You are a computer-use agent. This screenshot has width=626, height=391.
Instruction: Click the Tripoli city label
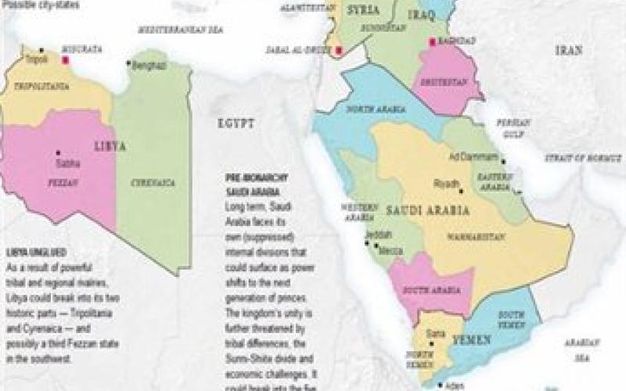37,59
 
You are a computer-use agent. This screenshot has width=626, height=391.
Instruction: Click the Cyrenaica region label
153,182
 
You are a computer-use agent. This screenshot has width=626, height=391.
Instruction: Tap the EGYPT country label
236,124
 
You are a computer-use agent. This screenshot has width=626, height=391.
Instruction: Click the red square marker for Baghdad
430,42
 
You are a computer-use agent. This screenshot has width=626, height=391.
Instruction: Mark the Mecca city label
390,251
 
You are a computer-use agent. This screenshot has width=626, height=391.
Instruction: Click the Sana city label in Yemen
435,334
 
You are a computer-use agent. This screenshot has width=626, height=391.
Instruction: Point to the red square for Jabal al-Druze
338,52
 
